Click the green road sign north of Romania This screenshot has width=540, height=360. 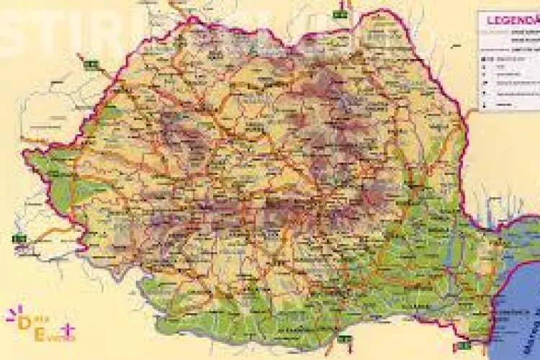click(339, 12)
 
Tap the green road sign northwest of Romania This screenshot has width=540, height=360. click(90, 65)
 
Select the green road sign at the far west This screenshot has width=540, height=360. click(19, 237)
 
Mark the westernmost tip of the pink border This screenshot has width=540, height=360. click(24, 153)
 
